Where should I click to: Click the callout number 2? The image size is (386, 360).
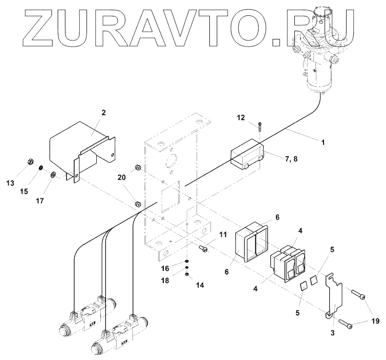[103, 112]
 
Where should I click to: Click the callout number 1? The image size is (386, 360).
[323, 144]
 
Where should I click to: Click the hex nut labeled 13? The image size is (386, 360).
[30, 163]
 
